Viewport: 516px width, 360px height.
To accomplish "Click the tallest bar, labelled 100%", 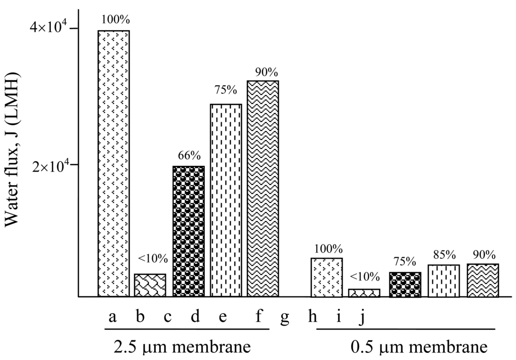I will pos(113,163).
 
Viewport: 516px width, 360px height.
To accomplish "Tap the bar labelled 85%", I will pos(444,281).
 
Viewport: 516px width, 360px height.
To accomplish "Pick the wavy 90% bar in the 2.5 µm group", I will pos(263,189).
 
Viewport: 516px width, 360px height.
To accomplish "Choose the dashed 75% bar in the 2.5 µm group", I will pos(226,200).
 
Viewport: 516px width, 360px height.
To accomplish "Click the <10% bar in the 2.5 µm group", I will pos(150,285).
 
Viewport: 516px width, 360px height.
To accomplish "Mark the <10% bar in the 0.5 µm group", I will pos(364,293).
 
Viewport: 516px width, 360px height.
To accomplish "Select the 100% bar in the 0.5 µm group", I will pos(327,277).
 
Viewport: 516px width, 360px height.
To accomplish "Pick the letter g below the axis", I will pos(285,318).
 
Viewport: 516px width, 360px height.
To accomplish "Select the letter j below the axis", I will pos(362,318).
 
